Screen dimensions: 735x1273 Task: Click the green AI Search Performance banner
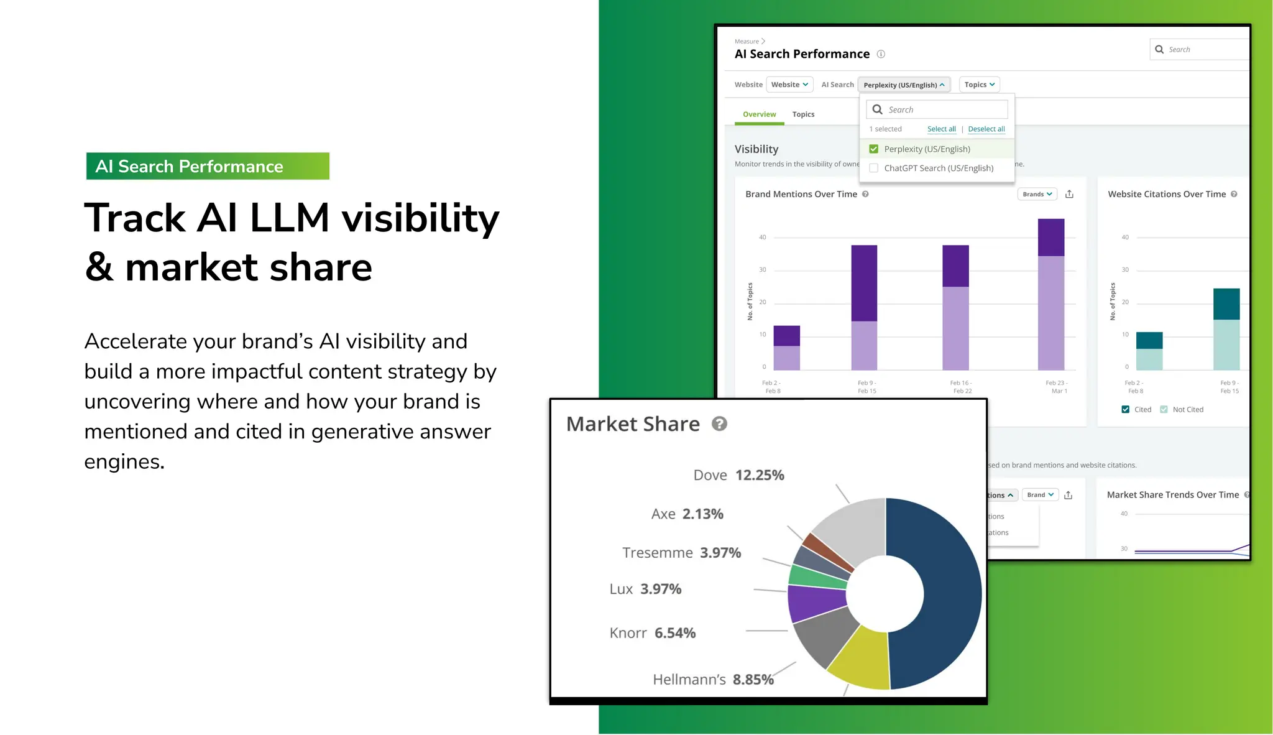point(207,166)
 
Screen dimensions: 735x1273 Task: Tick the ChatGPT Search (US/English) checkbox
point(873,168)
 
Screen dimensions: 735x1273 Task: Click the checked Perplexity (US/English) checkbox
point(873,149)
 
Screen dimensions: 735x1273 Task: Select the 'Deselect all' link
point(986,129)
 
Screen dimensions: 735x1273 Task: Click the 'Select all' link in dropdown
point(941,129)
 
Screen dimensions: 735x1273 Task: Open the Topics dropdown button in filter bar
point(979,85)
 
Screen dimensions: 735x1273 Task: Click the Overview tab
point(759,114)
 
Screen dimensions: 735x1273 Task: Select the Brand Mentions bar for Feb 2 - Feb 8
point(786,348)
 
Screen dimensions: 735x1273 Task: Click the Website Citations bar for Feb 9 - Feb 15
point(1226,330)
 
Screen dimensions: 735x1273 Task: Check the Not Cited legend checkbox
point(1164,409)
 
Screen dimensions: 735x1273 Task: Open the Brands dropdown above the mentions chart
point(1037,194)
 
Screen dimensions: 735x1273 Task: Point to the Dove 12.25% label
point(738,475)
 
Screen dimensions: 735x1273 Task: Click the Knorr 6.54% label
point(652,633)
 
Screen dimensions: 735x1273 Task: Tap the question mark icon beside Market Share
point(719,424)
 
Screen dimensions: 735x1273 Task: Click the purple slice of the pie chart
point(814,603)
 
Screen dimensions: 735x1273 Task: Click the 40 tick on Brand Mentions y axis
point(762,238)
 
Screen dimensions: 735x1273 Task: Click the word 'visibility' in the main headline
point(420,219)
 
